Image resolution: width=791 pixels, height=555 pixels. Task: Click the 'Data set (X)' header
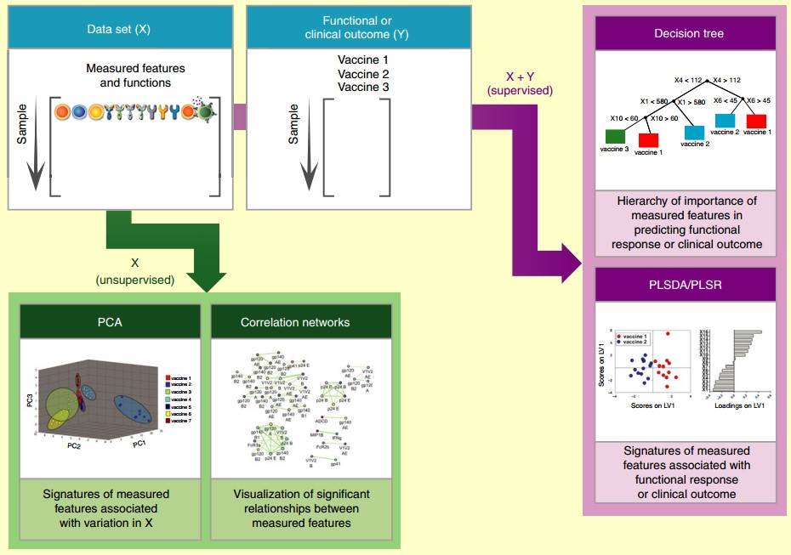119,28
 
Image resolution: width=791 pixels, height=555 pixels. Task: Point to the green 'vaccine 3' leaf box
615,137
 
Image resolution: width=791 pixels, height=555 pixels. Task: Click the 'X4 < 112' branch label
687,80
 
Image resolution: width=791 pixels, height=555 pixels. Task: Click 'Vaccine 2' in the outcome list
362,74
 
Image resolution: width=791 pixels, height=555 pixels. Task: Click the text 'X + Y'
519,76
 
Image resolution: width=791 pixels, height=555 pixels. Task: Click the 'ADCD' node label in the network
322,421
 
